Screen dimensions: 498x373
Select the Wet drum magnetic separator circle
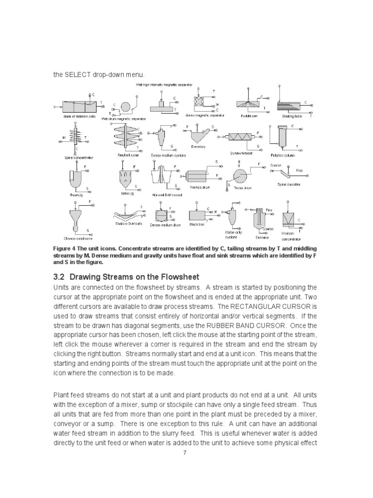coord(125,107)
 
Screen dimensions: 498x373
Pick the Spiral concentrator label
coord(79,158)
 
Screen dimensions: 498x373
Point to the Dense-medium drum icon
coord(161,216)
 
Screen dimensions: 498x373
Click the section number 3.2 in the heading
coord(59,277)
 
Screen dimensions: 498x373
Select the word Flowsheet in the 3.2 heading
coord(180,277)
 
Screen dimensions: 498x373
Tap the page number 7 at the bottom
coord(185,453)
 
